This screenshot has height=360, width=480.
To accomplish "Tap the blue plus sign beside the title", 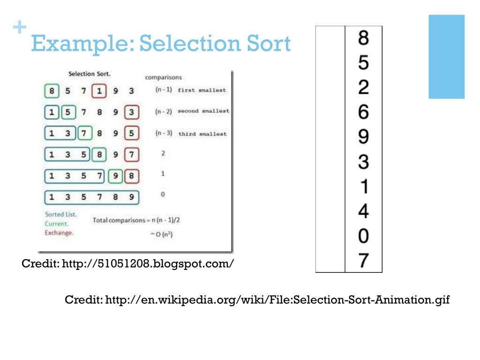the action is pyautogui.click(x=19, y=28).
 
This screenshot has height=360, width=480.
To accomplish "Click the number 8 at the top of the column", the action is pyautogui.click(x=363, y=38).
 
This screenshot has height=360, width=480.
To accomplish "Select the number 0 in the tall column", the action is pyautogui.click(x=363, y=236).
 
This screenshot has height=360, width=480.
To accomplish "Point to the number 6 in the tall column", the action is pyautogui.click(x=363, y=112).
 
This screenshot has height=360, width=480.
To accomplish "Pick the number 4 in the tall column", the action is pyautogui.click(x=363, y=211).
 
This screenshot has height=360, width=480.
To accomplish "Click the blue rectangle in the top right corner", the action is pyautogui.click(x=446, y=56).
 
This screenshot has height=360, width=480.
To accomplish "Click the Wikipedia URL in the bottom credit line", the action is pyautogui.click(x=277, y=300).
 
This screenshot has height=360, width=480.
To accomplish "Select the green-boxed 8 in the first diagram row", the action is pyautogui.click(x=52, y=91).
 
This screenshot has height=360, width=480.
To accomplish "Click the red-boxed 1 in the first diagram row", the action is pyautogui.click(x=99, y=91).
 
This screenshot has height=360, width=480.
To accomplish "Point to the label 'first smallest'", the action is pyautogui.click(x=202, y=90).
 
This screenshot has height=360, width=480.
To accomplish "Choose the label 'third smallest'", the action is pyautogui.click(x=202, y=134).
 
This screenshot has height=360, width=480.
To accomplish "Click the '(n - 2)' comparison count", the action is pyautogui.click(x=164, y=112).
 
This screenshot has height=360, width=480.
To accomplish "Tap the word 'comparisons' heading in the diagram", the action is pyautogui.click(x=163, y=77).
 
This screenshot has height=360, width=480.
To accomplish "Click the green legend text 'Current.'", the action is pyautogui.click(x=57, y=224).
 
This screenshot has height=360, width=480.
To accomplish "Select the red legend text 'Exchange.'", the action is pyautogui.click(x=59, y=232).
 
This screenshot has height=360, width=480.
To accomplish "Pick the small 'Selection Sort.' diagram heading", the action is pyautogui.click(x=90, y=74).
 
